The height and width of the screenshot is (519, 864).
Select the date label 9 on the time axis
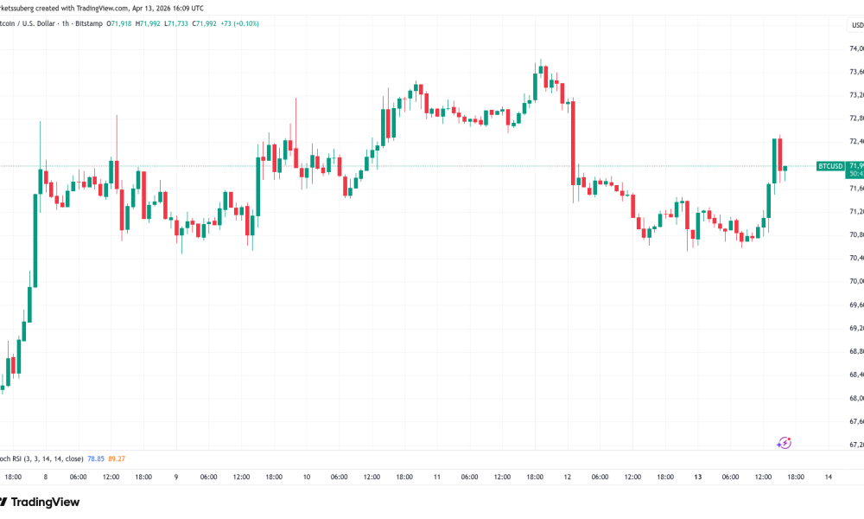[x=176, y=477]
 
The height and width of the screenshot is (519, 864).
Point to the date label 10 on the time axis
[x=307, y=477]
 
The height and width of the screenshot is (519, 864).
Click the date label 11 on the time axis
[x=437, y=477]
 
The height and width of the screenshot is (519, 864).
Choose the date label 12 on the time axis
[x=568, y=477]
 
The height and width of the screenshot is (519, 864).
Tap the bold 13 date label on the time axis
[x=698, y=477]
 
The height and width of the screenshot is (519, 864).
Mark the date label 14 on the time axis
[x=828, y=477]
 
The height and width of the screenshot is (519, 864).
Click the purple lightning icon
[x=785, y=443]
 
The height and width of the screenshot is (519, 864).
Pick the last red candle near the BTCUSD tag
[x=779, y=154]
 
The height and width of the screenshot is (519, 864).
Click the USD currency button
[x=857, y=25]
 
